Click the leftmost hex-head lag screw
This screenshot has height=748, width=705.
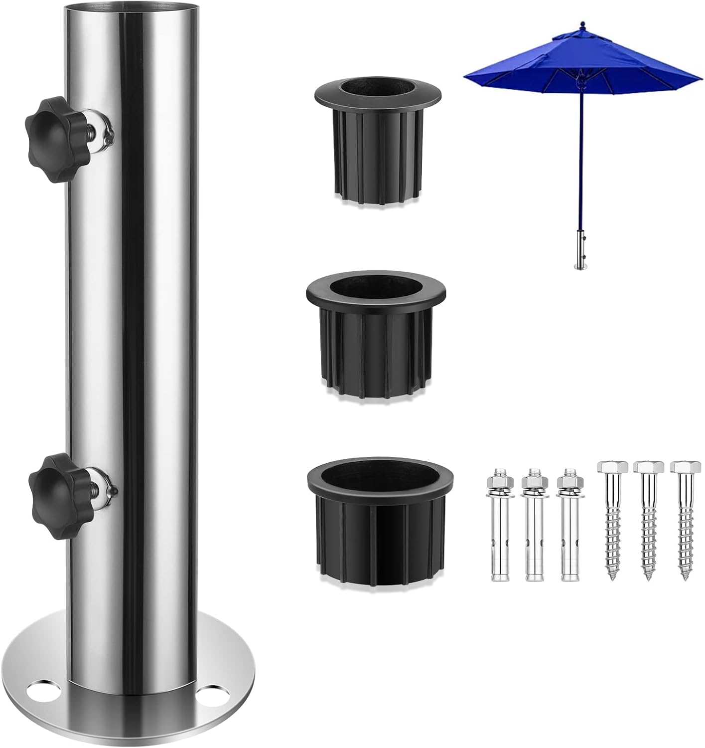(611, 519)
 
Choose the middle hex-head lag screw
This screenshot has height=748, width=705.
(648, 519)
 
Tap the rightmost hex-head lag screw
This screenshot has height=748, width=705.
(685, 519)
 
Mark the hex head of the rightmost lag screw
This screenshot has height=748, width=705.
(685, 467)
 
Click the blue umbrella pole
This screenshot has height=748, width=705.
(581, 160)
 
